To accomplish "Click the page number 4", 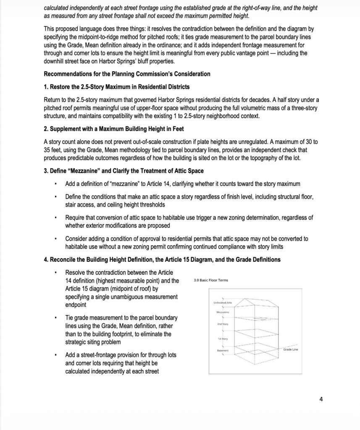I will coord(321,399).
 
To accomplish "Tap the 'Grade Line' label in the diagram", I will coord(290,350).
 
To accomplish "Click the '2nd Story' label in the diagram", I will coord(222,325).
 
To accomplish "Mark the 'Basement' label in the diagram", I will coord(222,350).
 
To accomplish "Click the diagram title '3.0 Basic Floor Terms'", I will coord(211,281).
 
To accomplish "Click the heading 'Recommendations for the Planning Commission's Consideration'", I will coord(127,74).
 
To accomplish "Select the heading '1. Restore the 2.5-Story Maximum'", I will coord(116,87).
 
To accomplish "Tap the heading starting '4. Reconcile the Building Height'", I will coord(162,260).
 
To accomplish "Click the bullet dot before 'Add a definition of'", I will coord(55,184).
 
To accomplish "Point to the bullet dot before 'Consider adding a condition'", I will coord(55,239).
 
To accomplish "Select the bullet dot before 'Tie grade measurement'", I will coord(55,318).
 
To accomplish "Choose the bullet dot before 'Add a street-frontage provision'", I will coord(55,355).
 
